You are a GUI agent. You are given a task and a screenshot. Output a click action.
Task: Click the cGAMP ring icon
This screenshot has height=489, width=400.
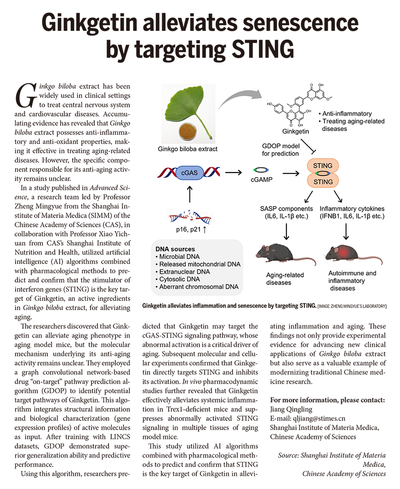point(261,170)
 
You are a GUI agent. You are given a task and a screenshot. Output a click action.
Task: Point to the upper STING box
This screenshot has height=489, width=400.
point(322,166)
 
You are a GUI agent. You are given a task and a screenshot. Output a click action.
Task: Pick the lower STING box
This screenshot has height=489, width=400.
point(322,182)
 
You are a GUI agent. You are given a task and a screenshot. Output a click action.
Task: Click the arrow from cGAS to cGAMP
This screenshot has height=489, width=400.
point(234,173)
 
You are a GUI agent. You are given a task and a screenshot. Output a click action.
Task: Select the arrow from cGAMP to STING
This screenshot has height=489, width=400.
point(291,173)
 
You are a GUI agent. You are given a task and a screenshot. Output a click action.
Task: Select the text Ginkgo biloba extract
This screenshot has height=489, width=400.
point(188,149)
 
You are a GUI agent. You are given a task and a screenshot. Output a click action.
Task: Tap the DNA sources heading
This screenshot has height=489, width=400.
point(175,249)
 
